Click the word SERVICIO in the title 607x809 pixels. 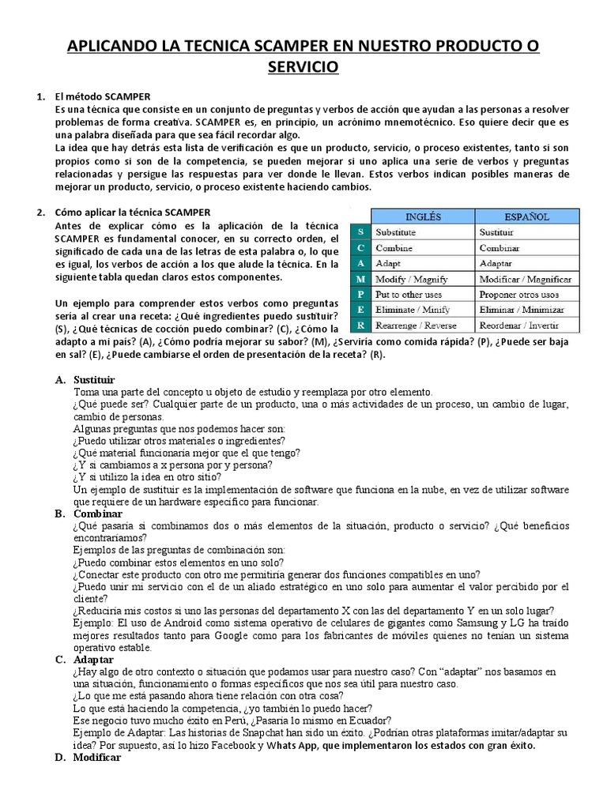303,68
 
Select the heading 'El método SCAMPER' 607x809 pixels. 102,96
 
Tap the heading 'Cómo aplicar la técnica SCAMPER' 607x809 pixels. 132,213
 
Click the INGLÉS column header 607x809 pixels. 423,216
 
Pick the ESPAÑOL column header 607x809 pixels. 528,216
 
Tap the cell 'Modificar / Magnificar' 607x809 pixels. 527,279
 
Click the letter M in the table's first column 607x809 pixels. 360,279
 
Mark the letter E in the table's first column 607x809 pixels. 360,310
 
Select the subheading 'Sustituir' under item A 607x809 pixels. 94,380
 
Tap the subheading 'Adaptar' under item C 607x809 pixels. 93,659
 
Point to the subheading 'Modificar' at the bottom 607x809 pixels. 96,757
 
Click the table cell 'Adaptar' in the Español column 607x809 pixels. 496,263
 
